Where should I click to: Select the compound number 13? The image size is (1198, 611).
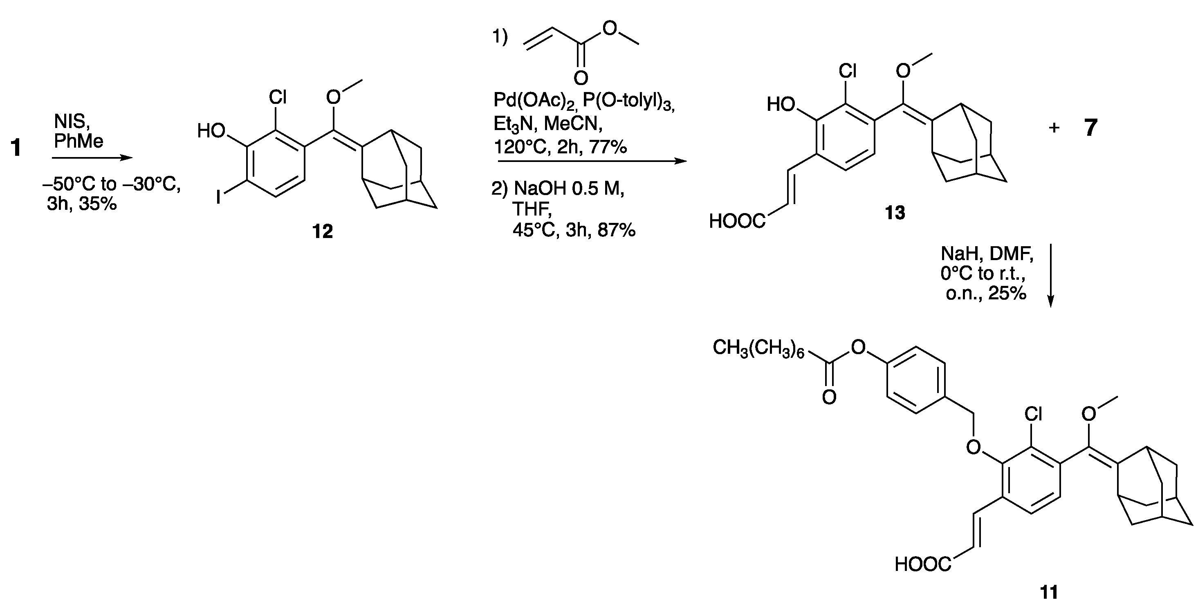(x=895, y=213)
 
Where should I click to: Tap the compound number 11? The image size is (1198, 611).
(x=1049, y=592)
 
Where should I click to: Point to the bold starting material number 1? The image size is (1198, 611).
(x=16, y=148)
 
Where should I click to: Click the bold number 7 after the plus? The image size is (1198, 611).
(x=1091, y=128)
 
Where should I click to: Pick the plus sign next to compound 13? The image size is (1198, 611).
(x=1054, y=128)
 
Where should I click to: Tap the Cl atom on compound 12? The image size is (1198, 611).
(x=278, y=97)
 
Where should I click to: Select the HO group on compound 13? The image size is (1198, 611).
(x=781, y=105)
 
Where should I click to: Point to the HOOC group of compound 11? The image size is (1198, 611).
(x=923, y=565)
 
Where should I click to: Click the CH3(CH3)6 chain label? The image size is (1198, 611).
(x=758, y=348)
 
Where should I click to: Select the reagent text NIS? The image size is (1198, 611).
(x=72, y=122)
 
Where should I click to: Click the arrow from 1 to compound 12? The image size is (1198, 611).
(x=92, y=158)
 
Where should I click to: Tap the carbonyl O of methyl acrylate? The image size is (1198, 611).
(x=581, y=78)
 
